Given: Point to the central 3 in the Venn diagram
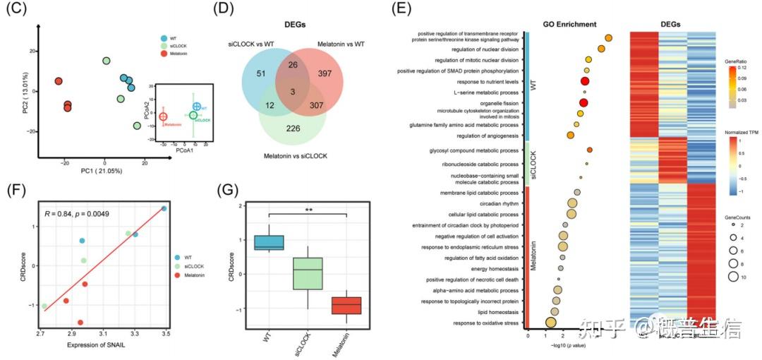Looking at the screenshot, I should tap(291, 91).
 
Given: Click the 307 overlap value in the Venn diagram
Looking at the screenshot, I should tap(318, 105).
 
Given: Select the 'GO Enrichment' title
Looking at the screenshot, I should tap(570, 23).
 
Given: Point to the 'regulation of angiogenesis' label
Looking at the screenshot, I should tap(488, 136).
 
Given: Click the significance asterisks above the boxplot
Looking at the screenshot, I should tap(308, 210).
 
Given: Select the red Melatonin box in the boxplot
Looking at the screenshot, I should tap(347, 306).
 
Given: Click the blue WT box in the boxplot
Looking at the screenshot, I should tap(270, 242).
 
